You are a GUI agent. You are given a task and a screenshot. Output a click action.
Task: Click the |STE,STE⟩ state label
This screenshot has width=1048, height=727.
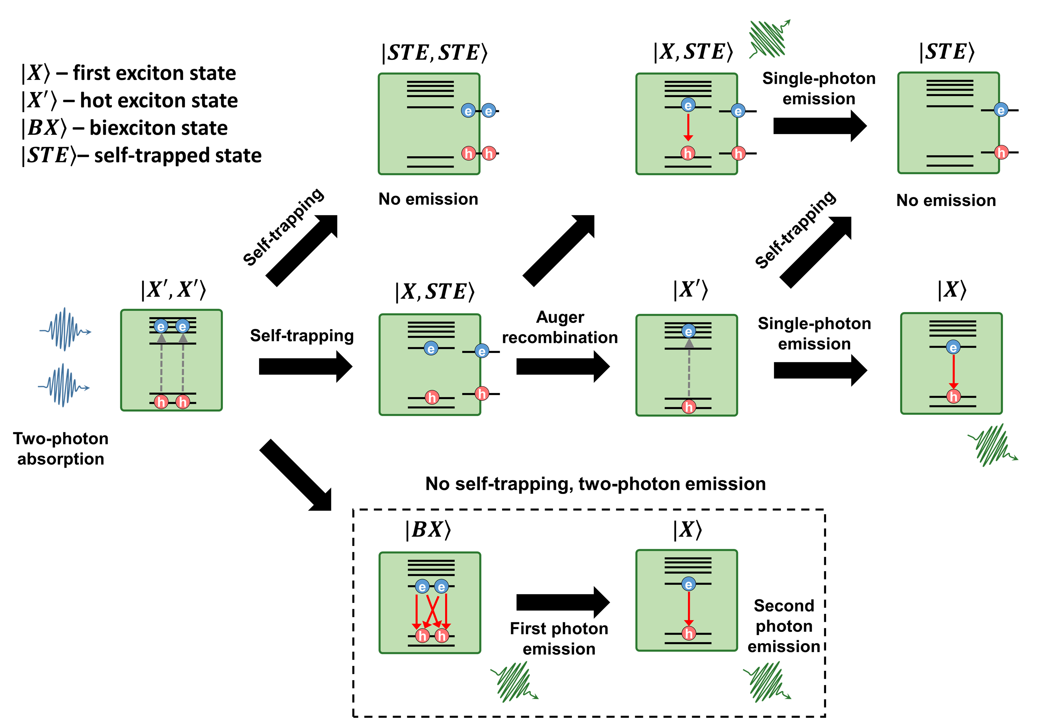click(434, 52)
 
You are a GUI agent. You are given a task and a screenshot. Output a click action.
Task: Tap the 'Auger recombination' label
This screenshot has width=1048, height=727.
click(560, 327)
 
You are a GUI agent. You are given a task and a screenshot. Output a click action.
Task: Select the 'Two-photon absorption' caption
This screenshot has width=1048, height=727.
click(61, 448)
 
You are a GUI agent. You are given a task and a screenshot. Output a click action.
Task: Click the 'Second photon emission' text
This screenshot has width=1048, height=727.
click(783, 626)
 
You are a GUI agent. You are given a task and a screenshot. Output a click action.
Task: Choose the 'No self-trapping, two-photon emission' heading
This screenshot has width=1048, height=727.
click(595, 484)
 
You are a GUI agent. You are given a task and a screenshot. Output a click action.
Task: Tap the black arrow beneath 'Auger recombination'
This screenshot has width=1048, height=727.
click(563, 366)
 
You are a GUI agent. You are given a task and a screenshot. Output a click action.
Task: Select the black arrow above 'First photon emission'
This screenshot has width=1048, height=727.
click(563, 602)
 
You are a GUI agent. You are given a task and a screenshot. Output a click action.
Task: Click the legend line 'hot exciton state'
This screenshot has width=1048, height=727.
click(130, 100)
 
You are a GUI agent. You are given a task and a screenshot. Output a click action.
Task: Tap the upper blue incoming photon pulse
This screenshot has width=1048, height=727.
click(65, 329)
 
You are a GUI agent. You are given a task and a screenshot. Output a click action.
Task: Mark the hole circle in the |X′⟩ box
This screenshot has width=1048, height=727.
click(689, 406)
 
